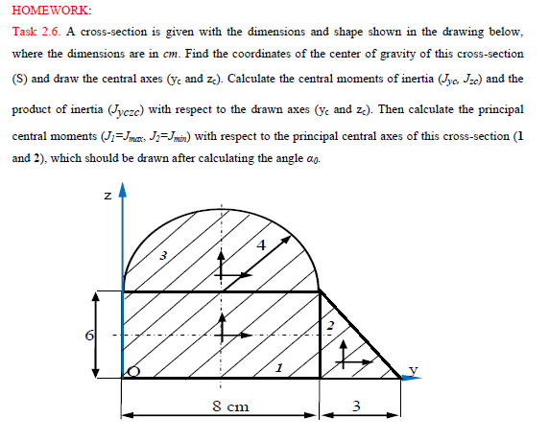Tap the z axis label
108,197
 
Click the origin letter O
132,370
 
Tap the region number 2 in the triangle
329,329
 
